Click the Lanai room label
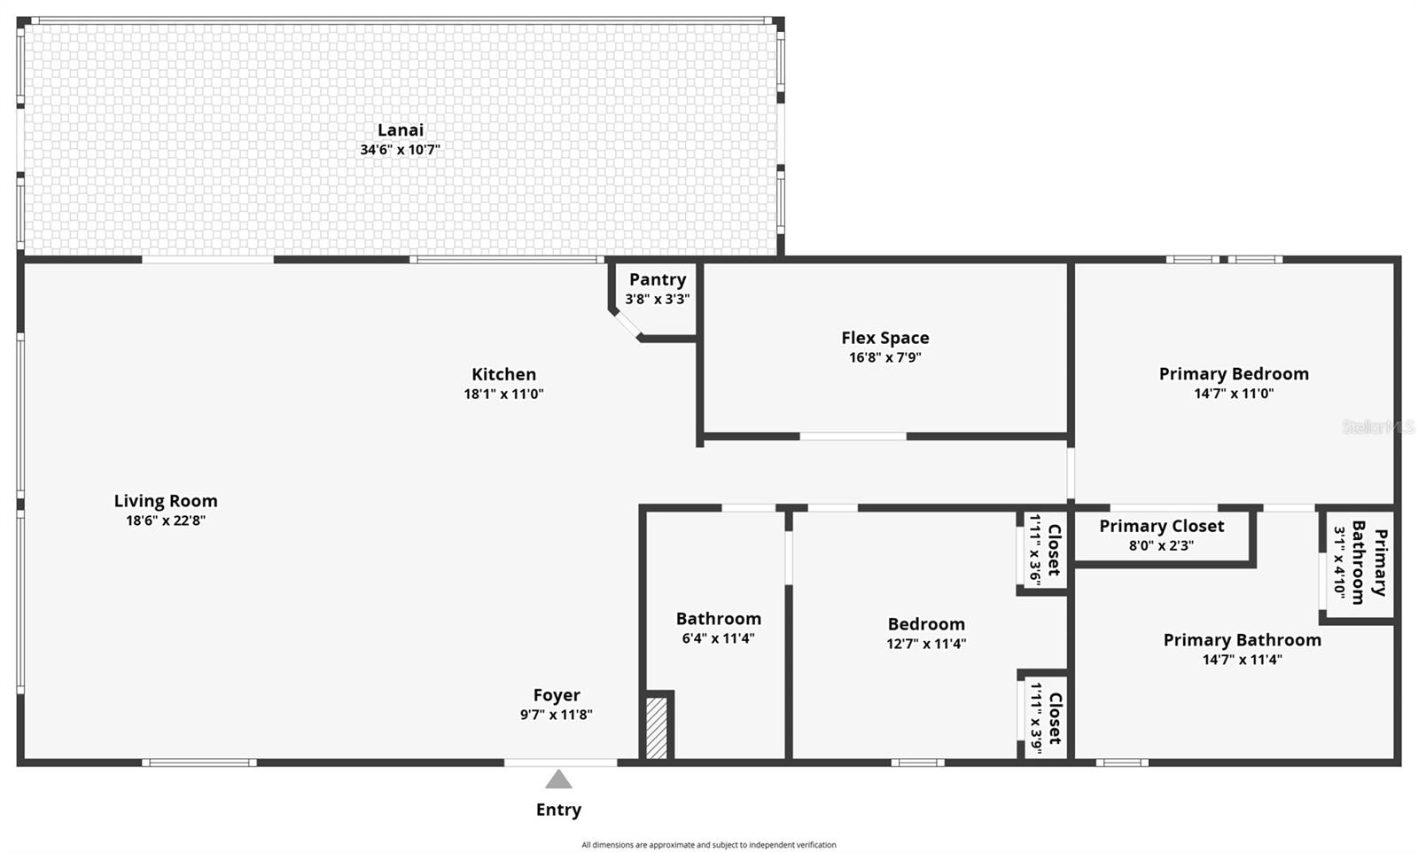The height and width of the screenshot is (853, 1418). pyautogui.click(x=400, y=130)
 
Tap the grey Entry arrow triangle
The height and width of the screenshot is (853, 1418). pyautogui.click(x=558, y=779)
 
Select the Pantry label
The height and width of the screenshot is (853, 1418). pyautogui.click(x=658, y=280)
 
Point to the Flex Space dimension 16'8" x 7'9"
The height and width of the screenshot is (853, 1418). pyautogui.click(x=884, y=357)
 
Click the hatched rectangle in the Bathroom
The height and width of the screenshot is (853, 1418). pyautogui.click(x=656, y=728)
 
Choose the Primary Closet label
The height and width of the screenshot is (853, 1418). pyautogui.click(x=1161, y=526)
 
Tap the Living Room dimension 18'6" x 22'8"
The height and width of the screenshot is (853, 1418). pyautogui.click(x=166, y=520)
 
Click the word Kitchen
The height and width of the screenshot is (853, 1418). pyautogui.click(x=503, y=374)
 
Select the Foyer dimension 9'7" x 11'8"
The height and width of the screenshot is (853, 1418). pyautogui.click(x=556, y=715)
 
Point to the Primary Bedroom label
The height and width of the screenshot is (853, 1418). pyautogui.click(x=1234, y=374)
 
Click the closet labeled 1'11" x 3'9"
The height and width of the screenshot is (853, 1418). pyautogui.click(x=1045, y=717)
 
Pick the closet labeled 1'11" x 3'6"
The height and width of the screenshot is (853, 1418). pyautogui.click(x=1044, y=551)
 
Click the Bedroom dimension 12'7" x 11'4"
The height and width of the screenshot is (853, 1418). pyautogui.click(x=926, y=644)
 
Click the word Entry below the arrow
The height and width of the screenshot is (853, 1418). pyautogui.click(x=558, y=810)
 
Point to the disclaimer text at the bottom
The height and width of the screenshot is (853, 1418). pyautogui.click(x=708, y=845)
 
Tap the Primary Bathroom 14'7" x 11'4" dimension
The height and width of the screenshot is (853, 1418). pyautogui.click(x=1242, y=660)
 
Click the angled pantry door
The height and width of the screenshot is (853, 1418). pyautogui.click(x=627, y=324)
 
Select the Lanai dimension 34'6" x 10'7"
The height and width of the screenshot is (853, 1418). pyautogui.click(x=400, y=150)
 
